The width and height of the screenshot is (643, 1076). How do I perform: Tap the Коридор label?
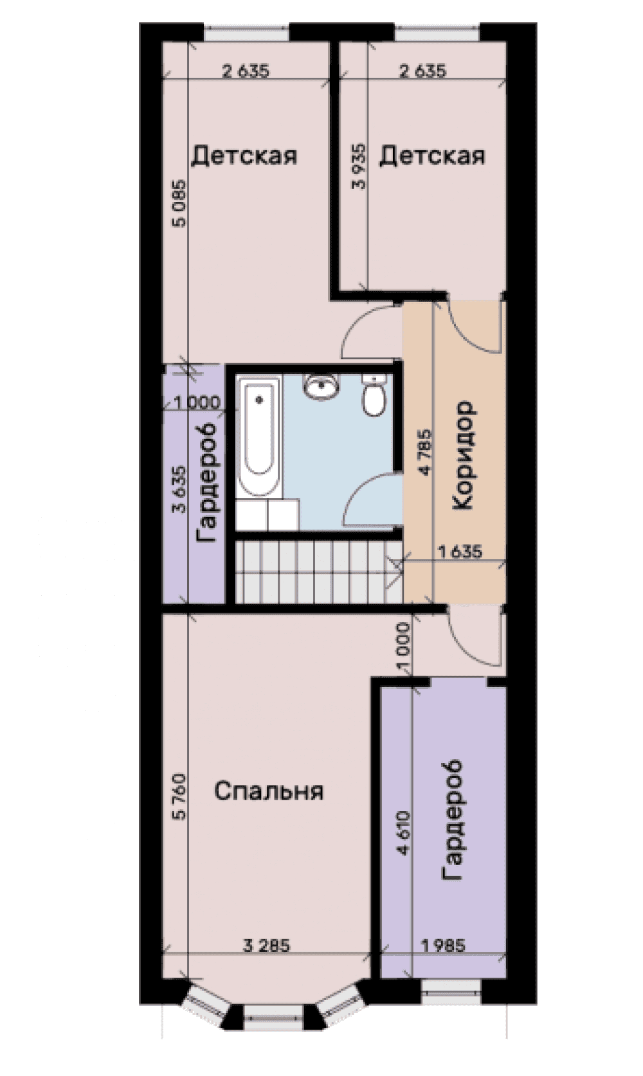[463, 456]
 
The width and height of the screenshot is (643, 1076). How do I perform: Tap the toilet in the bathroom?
[374, 397]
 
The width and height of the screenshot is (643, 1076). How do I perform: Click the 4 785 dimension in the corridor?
[426, 453]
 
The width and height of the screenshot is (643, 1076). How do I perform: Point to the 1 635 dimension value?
[460, 552]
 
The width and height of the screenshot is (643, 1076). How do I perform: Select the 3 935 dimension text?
[359, 166]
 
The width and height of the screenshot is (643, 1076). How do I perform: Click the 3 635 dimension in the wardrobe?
[179, 489]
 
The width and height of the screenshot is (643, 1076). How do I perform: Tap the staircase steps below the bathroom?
[318, 571]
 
